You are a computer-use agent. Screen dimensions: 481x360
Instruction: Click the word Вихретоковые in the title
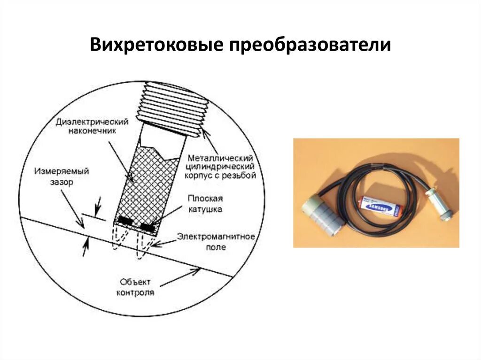click(x=156, y=46)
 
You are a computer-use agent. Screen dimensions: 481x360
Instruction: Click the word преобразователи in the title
click(x=310, y=46)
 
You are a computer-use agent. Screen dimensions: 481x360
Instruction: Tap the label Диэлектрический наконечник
click(x=92, y=127)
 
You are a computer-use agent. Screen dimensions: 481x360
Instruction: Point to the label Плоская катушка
click(x=205, y=204)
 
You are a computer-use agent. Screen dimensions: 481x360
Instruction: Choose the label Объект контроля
click(x=137, y=287)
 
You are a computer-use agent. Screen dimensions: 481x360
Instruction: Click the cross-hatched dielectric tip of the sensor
click(x=146, y=183)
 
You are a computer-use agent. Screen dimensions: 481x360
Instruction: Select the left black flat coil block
click(x=125, y=220)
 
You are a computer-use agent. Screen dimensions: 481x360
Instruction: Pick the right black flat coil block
click(x=148, y=228)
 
